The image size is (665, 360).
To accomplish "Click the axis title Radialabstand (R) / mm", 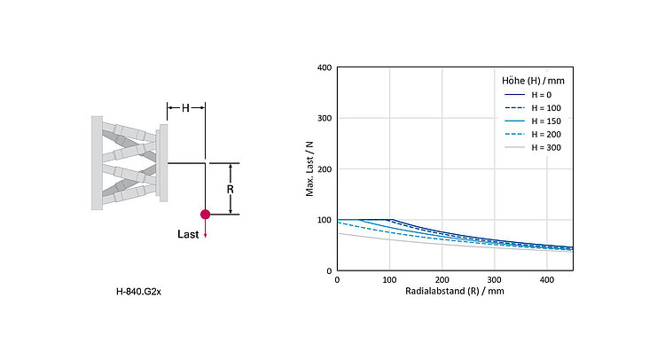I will pyautogui.click(x=454, y=291).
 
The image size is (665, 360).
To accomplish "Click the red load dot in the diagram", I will pyautogui.click(x=205, y=214).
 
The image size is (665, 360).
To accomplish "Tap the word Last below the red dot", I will pyautogui.click(x=188, y=234).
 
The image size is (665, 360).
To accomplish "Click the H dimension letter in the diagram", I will pyautogui.click(x=185, y=107).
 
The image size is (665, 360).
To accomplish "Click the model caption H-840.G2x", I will pyautogui.click(x=138, y=290).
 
